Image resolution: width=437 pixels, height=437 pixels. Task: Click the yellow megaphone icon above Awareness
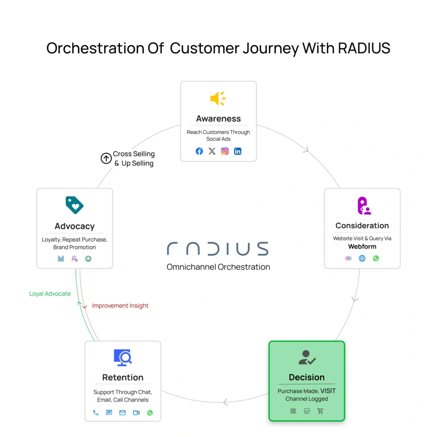(x=218, y=99)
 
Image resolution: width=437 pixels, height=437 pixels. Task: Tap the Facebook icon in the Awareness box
(x=199, y=151)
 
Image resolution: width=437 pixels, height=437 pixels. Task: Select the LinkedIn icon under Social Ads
(x=238, y=151)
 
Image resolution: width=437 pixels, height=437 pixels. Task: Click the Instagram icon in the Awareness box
(x=225, y=151)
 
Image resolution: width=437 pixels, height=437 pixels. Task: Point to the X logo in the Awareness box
(x=212, y=151)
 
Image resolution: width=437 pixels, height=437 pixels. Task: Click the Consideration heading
(x=362, y=225)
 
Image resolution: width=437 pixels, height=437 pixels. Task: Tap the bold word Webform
(x=362, y=247)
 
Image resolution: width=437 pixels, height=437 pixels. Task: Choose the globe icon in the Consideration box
(x=362, y=258)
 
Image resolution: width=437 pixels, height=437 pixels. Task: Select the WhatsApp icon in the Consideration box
(x=376, y=258)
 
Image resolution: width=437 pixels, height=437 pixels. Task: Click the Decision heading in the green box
(x=306, y=377)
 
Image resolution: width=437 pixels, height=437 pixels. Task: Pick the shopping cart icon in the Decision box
(x=320, y=411)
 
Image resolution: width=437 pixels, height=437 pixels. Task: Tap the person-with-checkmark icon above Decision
(x=307, y=358)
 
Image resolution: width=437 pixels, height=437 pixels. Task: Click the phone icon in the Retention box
(x=96, y=413)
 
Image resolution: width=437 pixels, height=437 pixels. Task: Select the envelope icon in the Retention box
(x=122, y=413)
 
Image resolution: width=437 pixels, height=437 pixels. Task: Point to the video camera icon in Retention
(x=136, y=413)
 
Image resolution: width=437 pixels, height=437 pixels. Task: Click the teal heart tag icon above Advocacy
(x=75, y=205)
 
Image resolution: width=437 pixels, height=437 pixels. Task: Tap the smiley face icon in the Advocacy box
(x=88, y=259)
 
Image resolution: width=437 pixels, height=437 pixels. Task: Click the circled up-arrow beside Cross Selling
(x=106, y=159)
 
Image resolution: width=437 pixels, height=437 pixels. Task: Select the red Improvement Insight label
(x=120, y=306)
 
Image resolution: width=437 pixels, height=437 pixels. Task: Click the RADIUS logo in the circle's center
(x=218, y=249)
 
